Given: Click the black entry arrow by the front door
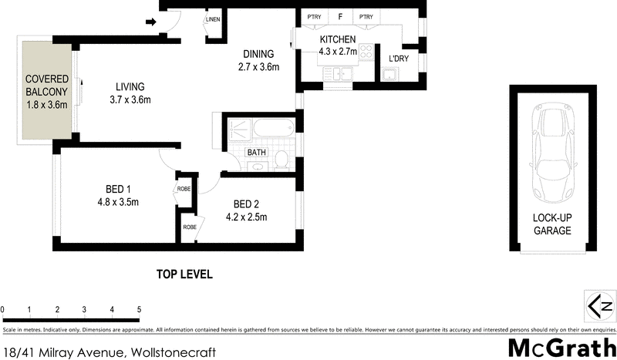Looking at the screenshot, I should [x=150, y=22].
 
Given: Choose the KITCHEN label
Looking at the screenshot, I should [x=338, y=40].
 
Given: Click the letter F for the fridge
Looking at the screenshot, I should [x=339, y=16].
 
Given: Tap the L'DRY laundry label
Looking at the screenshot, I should [x=399, y=59].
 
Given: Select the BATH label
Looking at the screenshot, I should [x=257, y=153].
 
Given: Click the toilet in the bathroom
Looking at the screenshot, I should [x=282, y=160].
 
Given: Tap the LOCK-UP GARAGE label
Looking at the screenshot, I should [x=552, y=224].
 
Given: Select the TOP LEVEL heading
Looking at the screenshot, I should [x=184, y=274].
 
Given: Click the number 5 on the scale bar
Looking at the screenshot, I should [x=139, y=310].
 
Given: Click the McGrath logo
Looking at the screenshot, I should [x=562, y=348].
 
